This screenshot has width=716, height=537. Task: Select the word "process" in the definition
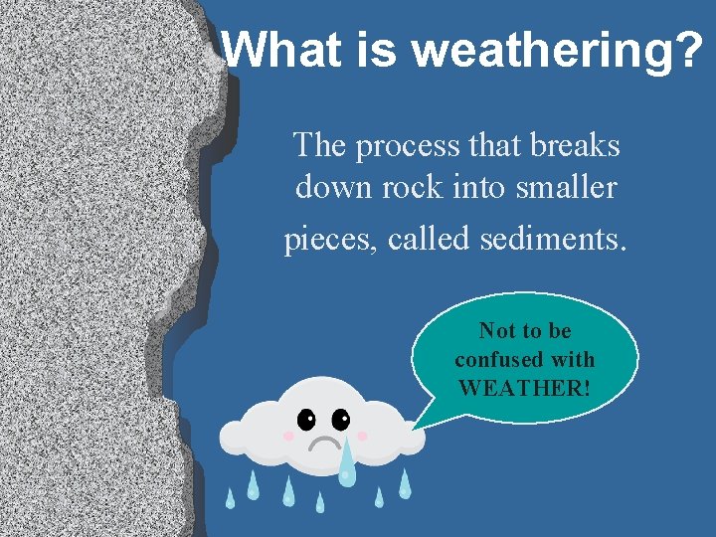[403, 146]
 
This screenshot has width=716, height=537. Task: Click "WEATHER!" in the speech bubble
[524, 387]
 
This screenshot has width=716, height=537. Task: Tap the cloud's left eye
[304, 419]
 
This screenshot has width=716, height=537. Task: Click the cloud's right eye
[341, 419]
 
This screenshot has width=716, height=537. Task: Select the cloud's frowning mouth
[323, 442]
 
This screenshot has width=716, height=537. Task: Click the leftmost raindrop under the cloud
[230, 498]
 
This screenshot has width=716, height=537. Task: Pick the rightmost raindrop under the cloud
[405, 484]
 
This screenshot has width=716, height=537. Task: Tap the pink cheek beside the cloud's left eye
[288, 436]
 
